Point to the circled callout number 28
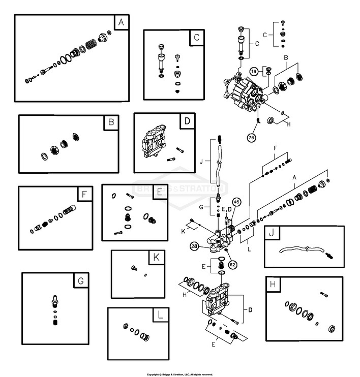point(195,246)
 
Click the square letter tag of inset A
point(121,22)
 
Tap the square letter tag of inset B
point(111,122)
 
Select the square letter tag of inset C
point(196,37)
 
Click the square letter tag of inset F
point(84,194)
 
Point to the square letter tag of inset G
point(80,280)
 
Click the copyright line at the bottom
point(180,374)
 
